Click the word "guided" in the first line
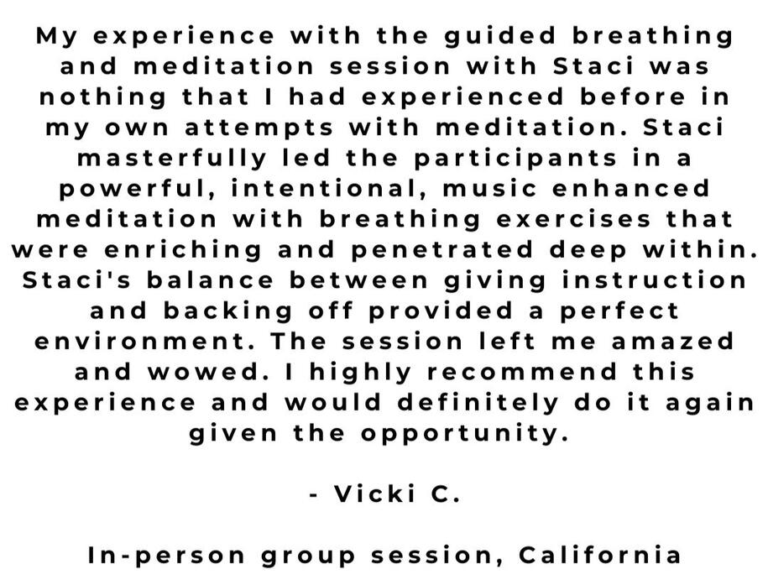(x=500, y=37)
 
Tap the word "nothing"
(x=103, y=97)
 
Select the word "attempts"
(x=259, y=128)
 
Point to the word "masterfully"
(x=171, y=159)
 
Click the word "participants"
(x=515, y=159)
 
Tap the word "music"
(x=489, y=189)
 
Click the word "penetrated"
(x=441, y=250)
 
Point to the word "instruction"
(x=654, y=280)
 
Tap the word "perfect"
(x=619, y=311)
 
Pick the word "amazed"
(x=672, y=342)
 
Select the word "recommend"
(x=522, y=372)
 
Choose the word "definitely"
(x=478, y=403)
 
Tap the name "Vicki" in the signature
(x=374, y=494)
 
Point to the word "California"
(x=599, y=555)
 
